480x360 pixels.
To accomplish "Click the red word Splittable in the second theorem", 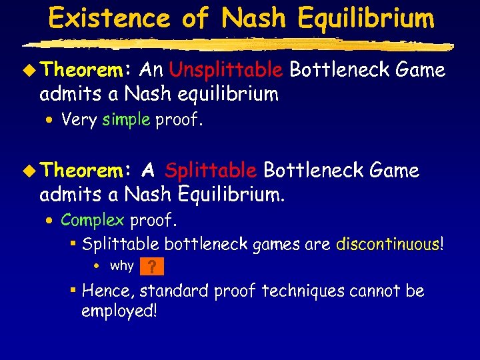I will (x=211, y=171).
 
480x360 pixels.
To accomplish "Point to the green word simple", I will (x=127, y=120).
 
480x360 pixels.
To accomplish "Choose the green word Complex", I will (x=93, y=220).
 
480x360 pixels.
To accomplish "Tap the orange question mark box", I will (x=152, y=267).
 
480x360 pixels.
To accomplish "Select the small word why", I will (x=121, y=266).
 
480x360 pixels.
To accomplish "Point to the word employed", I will (x=119, y=311).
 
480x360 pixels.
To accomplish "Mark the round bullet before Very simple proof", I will (x=51, y=121).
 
